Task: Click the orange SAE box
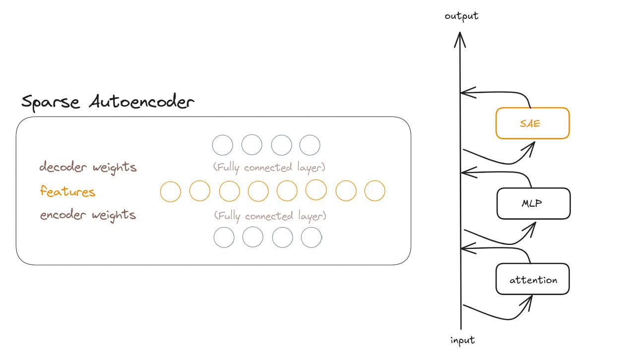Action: tap(532, 123)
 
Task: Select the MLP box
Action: tap(533, 203)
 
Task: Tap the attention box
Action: tap(533, 279)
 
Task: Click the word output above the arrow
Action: tap(461, 16)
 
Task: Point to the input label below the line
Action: tap(462, 340)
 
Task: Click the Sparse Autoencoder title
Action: tap(108, 102)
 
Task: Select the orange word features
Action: tap(67, 191)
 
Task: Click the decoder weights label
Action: tap(88, 167)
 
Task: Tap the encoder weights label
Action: tap(88, 215)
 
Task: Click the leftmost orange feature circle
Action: tap(171, 191)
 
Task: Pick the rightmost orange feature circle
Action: tap(374, 191)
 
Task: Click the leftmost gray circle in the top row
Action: tap(223, 145)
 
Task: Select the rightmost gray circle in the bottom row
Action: tap(311, 238)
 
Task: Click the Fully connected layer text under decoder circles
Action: tap(269, 168)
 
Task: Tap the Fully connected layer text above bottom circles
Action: tap(270, 216)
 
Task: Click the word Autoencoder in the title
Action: tap(142, 102)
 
